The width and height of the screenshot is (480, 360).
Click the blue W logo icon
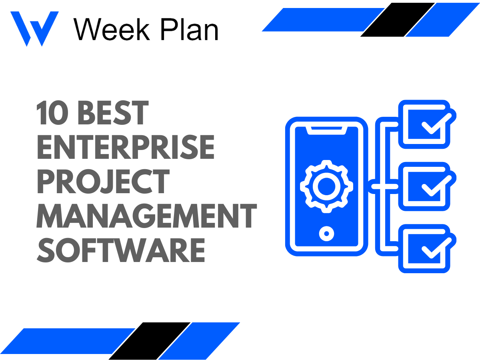[34, 28]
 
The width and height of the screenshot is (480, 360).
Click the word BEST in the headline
[113, 113]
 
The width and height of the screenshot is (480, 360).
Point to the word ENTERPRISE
[126, 147]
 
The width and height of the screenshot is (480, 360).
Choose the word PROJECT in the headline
[103, 181]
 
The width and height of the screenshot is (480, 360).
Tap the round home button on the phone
[326, 233]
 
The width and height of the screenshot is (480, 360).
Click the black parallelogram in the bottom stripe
[150, 341]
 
